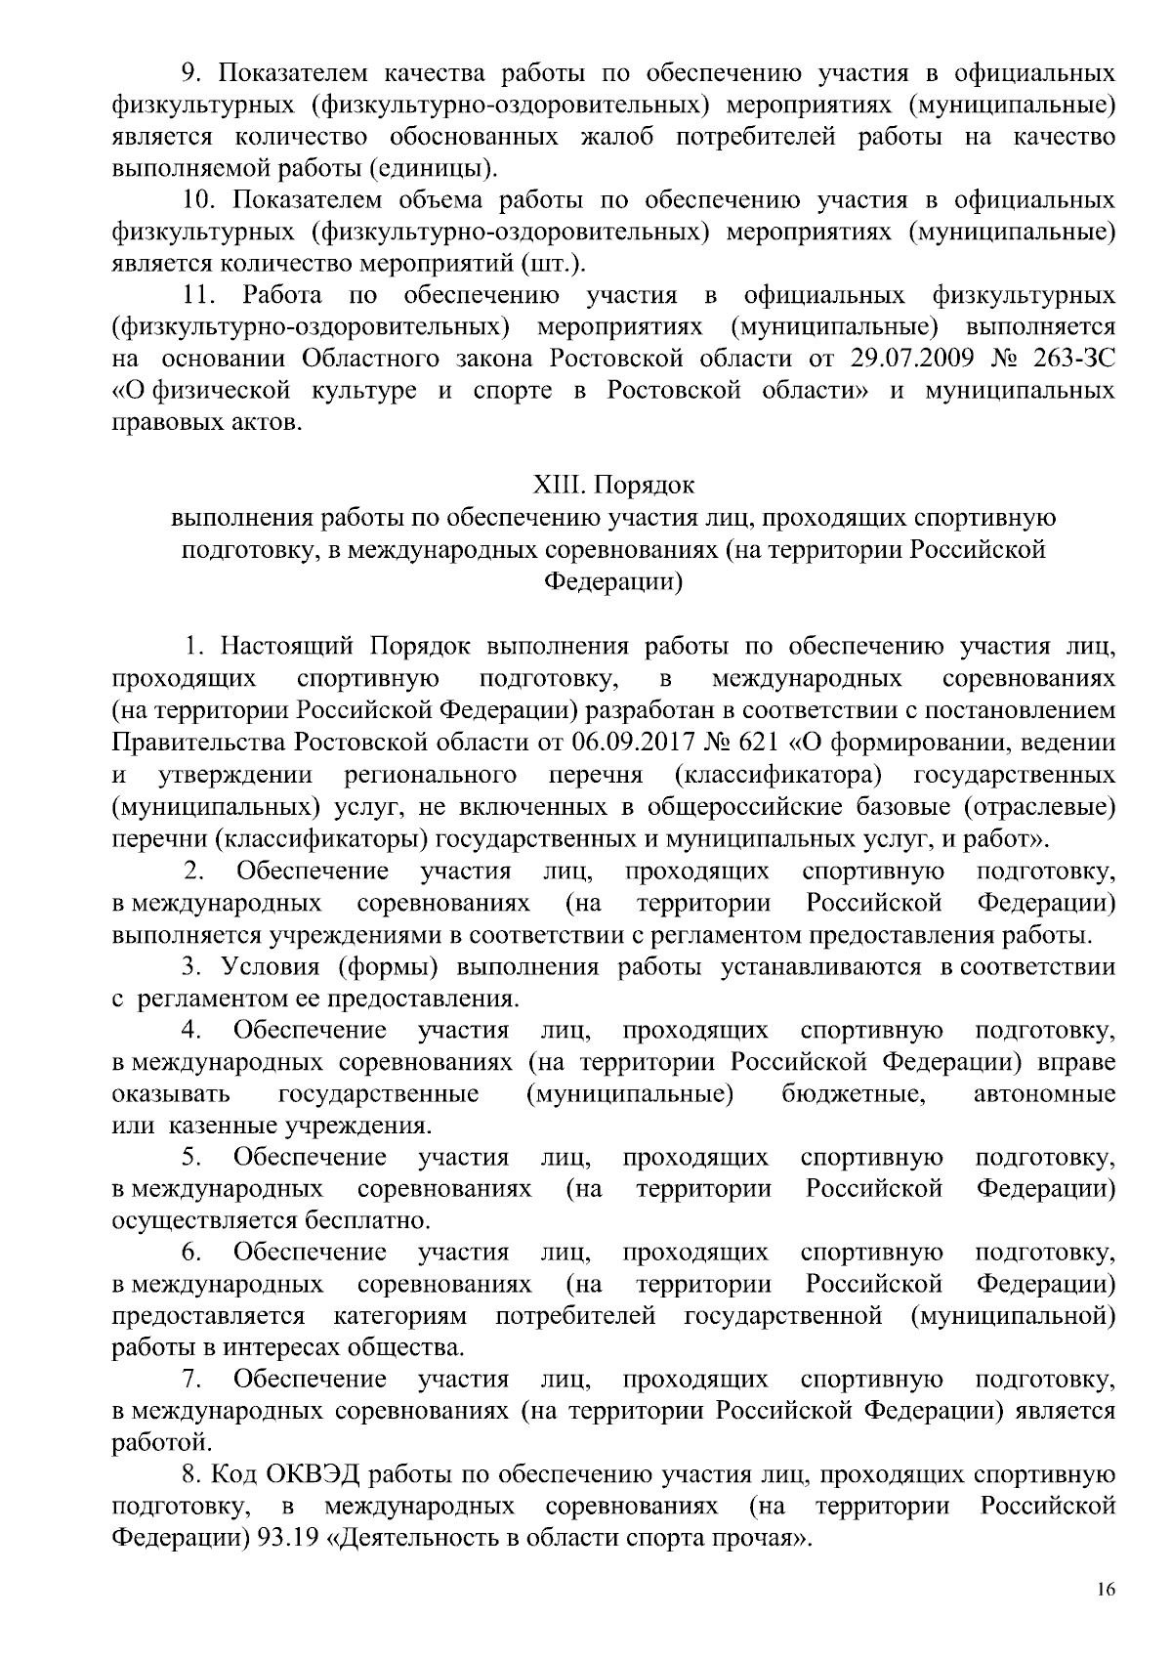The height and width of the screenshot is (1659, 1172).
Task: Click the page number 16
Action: (1105, 1589)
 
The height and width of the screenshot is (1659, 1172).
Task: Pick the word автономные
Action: (1044, 1093)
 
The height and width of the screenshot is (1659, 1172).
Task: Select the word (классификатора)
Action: (778, 775)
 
